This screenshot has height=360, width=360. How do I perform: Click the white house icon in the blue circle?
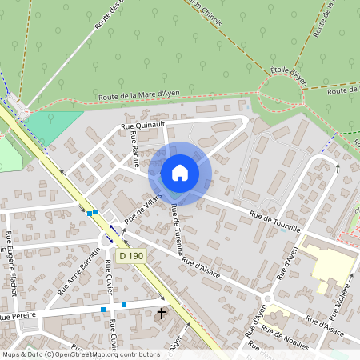click(180, 173)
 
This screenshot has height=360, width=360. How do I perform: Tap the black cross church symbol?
click(162, 313)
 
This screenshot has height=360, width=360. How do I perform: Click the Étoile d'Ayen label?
click(289, 76)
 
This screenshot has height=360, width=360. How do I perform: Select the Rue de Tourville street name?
click(274, 222)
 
